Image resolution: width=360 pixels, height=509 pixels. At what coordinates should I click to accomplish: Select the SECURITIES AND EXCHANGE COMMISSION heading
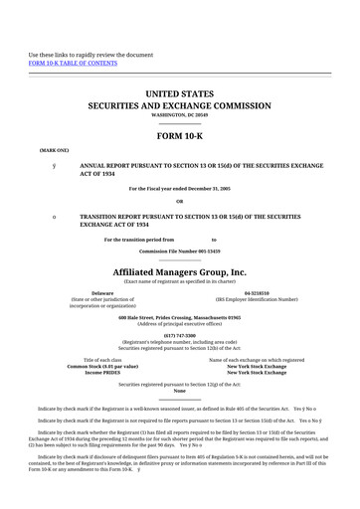click(180, 104)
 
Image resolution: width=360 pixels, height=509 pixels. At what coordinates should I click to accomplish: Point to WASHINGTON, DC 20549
click(180, 115)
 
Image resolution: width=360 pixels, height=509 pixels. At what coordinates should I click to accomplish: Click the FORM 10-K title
click(180, 136)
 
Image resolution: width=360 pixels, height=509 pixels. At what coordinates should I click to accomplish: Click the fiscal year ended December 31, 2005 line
click(180, 189)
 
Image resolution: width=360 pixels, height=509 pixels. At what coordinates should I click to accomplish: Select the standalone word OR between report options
click(180, 202)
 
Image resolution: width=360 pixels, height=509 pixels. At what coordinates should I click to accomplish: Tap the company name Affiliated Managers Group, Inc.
click(180, 271)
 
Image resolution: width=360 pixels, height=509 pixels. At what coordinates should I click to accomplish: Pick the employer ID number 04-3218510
click(257, 294)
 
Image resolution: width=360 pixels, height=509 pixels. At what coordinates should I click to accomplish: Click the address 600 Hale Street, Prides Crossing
click(180, 318)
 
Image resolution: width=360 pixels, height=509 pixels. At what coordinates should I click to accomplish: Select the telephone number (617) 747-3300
click(180, 336)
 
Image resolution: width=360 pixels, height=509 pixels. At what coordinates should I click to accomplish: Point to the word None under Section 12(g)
click(180, 391)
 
